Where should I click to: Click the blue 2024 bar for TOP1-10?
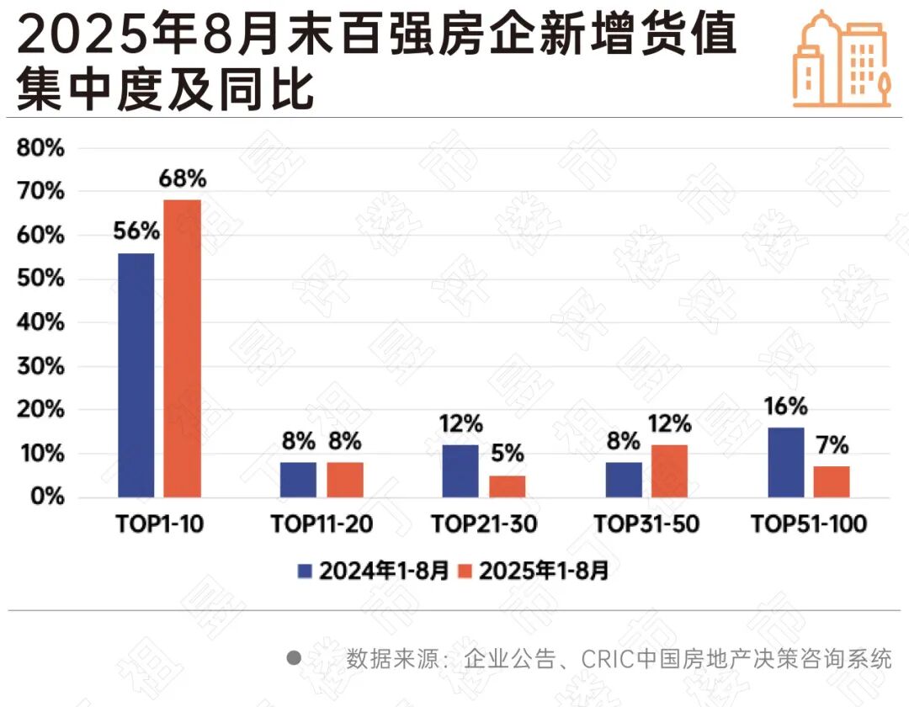tap(136, 375)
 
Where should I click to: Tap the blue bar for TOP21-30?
tap(460, 470)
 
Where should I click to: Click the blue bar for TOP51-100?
tap(785, 462)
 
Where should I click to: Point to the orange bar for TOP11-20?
tap(345, 479)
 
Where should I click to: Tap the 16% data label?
tap(785, 407)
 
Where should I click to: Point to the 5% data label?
tap(507, 454)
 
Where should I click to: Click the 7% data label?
tap(831, 444)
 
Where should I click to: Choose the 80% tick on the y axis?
tap(41, 148)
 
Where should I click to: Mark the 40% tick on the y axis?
tap(41, 322)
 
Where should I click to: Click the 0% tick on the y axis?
tap(47, 497)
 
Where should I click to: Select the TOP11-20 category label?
tap(322, 524)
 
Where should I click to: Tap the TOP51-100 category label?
tap(808, 524)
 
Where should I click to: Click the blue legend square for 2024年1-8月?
tap(305, 571)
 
